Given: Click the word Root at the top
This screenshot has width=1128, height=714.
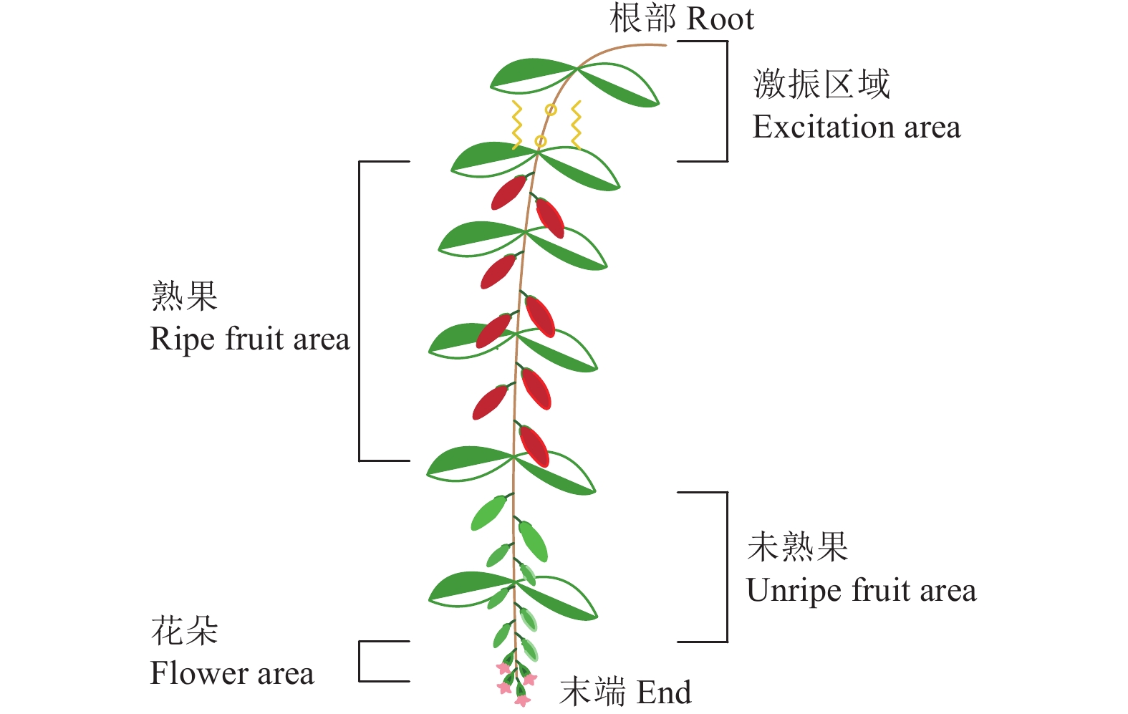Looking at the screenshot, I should [720, 19].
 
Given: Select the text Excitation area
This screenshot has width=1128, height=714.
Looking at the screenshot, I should [856, 127].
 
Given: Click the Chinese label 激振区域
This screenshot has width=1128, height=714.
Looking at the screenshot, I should [821, 85].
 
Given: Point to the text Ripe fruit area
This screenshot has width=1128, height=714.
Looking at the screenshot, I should [250, 339].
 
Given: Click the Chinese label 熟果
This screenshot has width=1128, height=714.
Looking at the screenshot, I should [184, 296].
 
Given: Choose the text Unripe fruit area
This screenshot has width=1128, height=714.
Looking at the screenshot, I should [861, 592].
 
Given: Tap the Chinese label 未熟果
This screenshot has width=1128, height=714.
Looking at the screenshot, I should [797, 548].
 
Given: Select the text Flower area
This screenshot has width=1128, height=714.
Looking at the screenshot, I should [232, 674].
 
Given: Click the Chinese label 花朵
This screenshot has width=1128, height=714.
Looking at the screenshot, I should [184, 631].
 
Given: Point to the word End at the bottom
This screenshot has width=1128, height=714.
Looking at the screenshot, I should [664, 693].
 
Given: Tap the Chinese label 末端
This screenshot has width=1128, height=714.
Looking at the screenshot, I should [594, 693].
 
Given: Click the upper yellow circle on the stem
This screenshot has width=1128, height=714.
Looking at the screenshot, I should [551, 110].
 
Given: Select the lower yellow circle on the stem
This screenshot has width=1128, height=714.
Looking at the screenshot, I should [541, 141].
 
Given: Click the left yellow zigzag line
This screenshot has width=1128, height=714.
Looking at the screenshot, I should [516, 125].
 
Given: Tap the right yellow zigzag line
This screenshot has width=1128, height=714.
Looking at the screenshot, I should [576, 125].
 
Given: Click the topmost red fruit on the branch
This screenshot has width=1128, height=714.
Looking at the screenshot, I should [508, 192].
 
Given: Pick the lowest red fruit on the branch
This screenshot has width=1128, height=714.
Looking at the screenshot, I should [534, 445].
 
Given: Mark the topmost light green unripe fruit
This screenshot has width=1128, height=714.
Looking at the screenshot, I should [488, 513].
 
